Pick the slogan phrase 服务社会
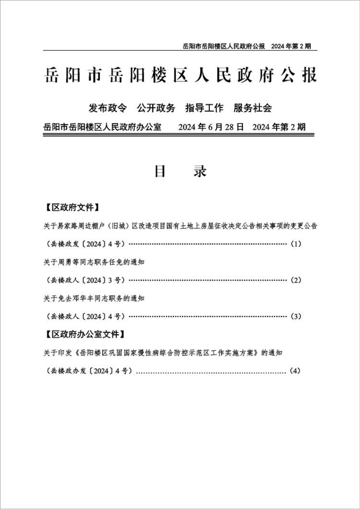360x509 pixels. pyautogui.click(x=252, y=108)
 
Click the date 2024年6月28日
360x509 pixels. pyautogui.click(x=211, y=127)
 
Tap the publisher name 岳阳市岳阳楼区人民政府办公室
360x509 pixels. pyautogui.click(x=102, y=127)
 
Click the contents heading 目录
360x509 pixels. pyautogui.click(x=180, y=171)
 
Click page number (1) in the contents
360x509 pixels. pyautogui.click(x=296, y=244)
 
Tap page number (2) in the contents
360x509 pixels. pyautogui.click(x=296, y=280)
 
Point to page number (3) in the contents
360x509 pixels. pyautogui.click(x=296, y=316)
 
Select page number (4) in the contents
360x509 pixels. pyautogui.click(x=295, y=371)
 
